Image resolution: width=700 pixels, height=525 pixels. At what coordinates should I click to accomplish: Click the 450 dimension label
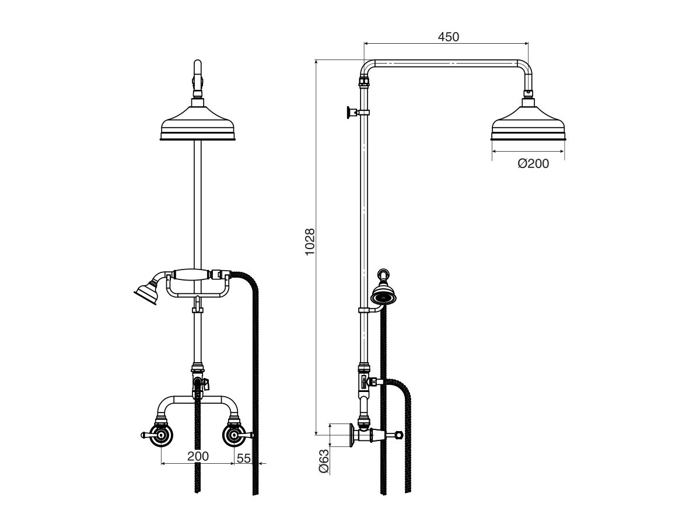pos(448,36)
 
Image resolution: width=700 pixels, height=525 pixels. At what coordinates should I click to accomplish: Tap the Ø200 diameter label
pos(533,164)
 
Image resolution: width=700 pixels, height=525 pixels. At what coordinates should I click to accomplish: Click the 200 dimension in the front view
pos(198,457)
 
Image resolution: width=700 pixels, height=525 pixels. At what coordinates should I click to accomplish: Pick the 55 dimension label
pos(244,459)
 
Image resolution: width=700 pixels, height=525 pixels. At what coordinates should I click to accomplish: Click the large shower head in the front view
pos(198,124)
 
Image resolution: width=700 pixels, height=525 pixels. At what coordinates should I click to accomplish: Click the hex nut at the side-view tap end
pos(399,435)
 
